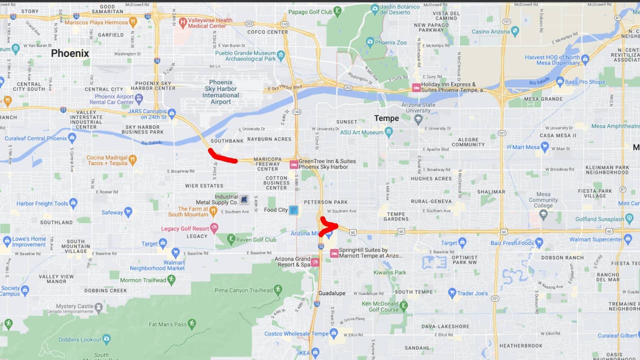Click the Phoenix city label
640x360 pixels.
(x=70, y=53)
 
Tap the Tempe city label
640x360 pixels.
(x=386, y=118)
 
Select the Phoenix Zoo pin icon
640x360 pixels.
(x=369, y=42)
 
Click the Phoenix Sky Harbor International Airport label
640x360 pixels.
(x=220, y=92)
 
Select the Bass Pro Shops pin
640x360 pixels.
(x=560, y=81)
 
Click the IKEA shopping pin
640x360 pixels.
(x=314, y=353)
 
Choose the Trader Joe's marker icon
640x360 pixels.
(x=452, y=293)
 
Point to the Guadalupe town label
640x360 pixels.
(x=332, y=293)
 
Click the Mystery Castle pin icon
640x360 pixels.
(x=98, y=306)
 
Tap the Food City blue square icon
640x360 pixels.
(x=293, y=210)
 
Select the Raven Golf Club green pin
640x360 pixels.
(x=231, y=239)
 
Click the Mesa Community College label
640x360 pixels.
(x=542, y=200)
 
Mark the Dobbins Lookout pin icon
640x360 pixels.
(x=106, y=339)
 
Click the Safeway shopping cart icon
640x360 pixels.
(x=128, y=212)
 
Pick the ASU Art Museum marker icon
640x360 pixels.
(x=389, y=132)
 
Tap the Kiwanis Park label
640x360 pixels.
(x=389, y=272)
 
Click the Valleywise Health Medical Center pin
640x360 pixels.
(x=182, y=22)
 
